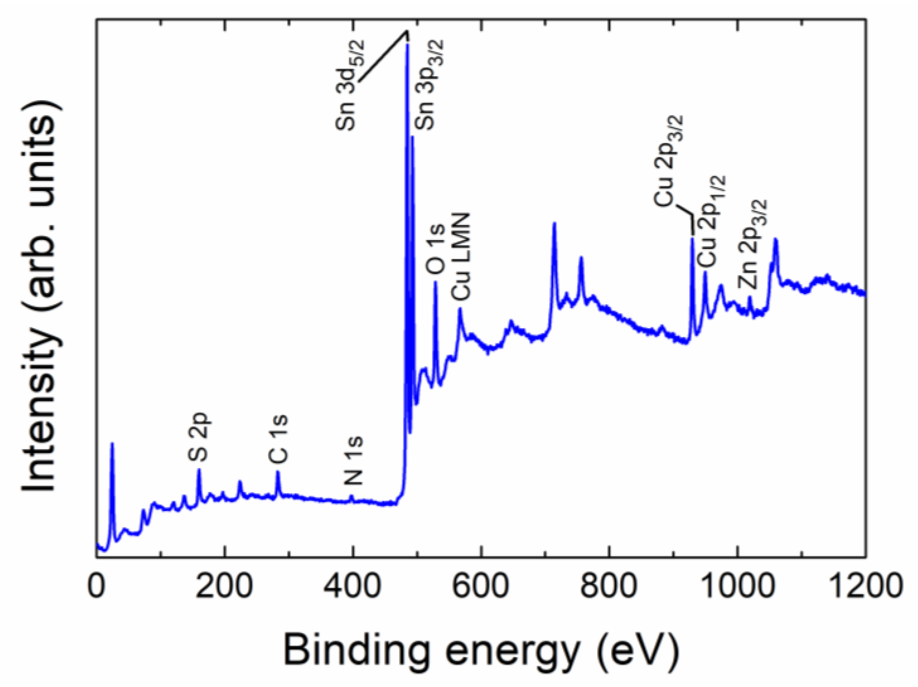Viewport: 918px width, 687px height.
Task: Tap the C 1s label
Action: click(x=278, y=439)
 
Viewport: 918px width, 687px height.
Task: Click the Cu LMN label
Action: click(x=460, y=257)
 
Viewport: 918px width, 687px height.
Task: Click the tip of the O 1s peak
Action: click(x=435, y=282)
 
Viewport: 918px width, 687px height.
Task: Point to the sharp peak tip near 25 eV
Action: click(x=112, y=443)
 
